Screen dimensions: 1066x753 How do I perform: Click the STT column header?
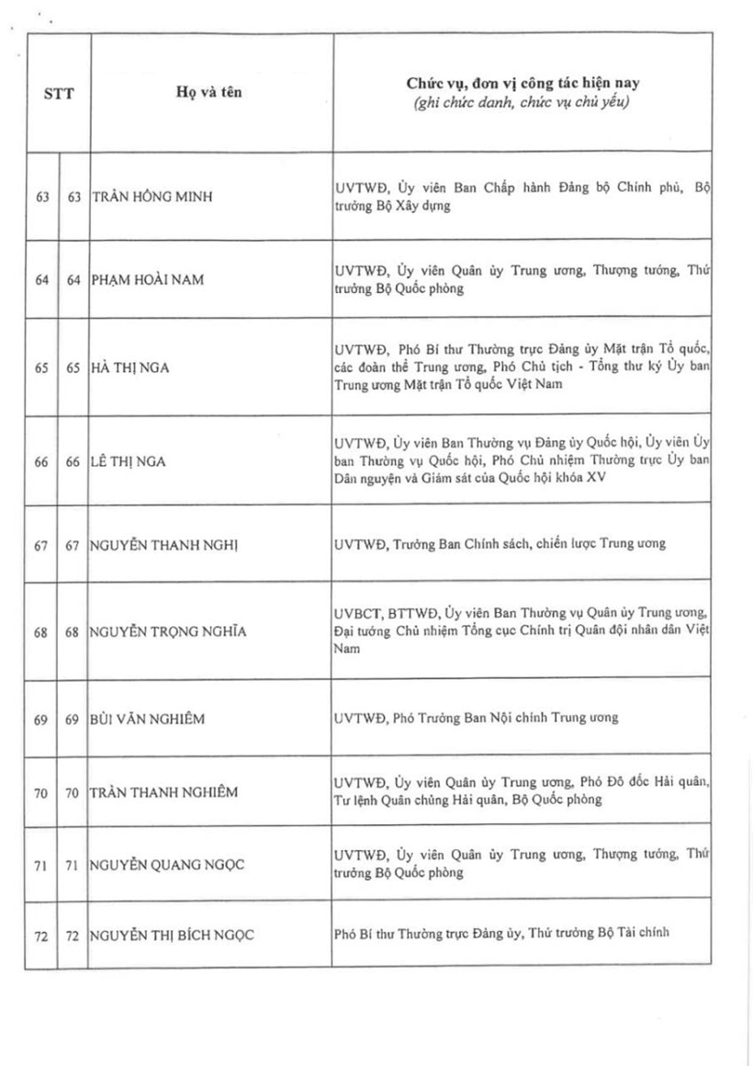point(57,93)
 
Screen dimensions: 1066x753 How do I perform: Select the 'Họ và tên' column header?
point(209,93)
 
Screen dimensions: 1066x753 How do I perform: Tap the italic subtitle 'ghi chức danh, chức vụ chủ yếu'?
point(520,101)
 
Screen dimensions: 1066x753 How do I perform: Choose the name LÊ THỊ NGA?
point(129,461)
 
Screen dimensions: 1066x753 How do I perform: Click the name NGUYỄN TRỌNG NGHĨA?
point(168,632)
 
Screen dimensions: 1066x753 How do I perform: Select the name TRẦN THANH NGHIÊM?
point(163,791)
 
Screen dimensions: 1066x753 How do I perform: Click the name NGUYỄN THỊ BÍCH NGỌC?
point(172,936)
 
